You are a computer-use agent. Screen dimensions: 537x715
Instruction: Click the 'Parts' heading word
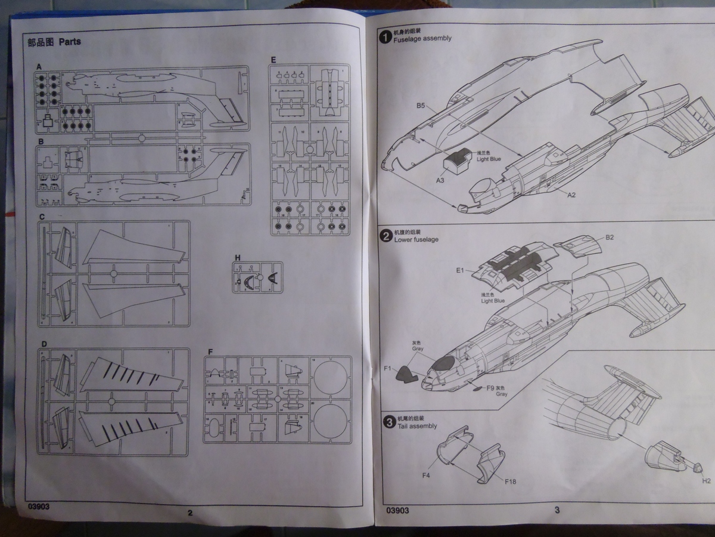pyautogui.click(x=70, y=42)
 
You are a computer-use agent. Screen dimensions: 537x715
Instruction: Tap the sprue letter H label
pyautogui.click(x=238, y=258)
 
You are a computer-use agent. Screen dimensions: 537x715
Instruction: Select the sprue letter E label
pyautogui.click(x=273, y=60)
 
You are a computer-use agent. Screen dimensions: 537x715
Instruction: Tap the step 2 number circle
pyautogui.click(x=386, y=235)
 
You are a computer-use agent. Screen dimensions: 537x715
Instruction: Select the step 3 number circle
pyautogui.click(x=388, y=422)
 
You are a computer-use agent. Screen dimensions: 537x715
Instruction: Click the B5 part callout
pyautogui.click(x=421, y=106)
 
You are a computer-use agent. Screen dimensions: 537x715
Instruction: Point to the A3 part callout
pyautogui.click(x=440, y=180)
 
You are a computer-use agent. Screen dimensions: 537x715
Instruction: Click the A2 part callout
pyautogui.click(x=571, y=195)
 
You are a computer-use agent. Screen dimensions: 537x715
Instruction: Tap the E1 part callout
pyautogui.click(x=460, y=270)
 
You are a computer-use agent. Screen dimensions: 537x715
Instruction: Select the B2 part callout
pyautogui.click(x=610, y=237)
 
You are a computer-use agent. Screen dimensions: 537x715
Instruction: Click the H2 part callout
pyautogui.click(x=706, y=480)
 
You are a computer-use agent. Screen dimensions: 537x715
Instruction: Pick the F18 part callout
pyautogui.click(x=511, y=480)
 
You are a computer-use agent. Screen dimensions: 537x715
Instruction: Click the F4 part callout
pyautogui.click(x=426, y=475)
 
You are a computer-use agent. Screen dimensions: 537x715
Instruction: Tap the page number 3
pyautogui.click(x=557, y=510)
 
